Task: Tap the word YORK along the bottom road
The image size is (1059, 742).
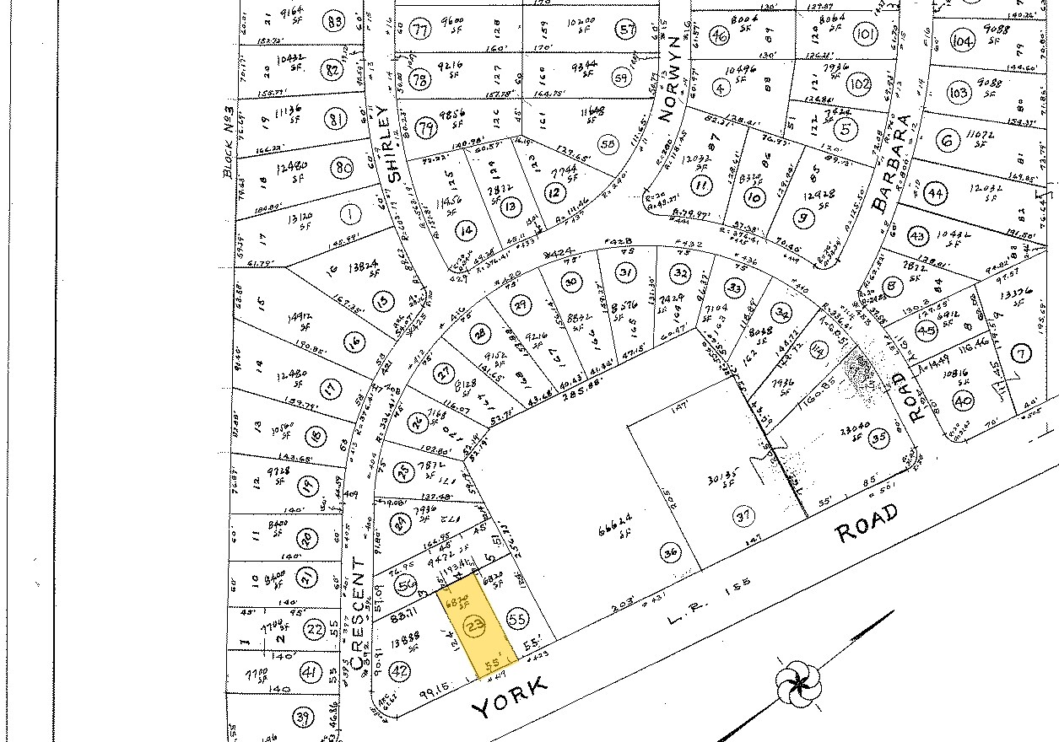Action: click(x=510, y=696)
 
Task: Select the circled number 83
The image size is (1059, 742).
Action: click(x=336, y=22)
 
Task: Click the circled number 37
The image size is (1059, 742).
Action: click(x=743, y=515)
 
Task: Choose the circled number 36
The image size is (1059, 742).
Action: click(x=671, y=553)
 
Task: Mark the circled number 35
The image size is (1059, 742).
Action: click(x=879, y=438)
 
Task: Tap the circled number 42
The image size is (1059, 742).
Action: click(x=401, y=671)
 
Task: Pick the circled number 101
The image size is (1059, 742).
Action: click(x=865, y=35)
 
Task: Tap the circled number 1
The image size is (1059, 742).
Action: click(x=349, y=214)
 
